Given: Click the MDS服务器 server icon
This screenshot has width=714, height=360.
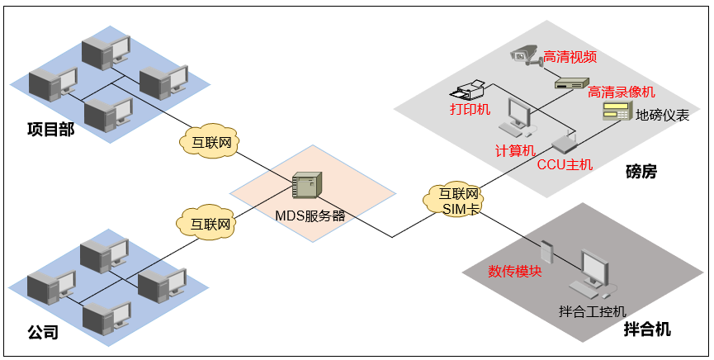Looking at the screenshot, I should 305,185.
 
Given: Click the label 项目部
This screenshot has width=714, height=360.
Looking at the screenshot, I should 50,129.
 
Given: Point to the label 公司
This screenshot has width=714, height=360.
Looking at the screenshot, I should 44,333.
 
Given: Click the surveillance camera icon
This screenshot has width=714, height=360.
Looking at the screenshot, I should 525,54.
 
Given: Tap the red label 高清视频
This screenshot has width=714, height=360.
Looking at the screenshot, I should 570,57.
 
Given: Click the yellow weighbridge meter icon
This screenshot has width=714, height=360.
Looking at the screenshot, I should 617,113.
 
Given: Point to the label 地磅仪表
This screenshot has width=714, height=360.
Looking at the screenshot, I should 662,116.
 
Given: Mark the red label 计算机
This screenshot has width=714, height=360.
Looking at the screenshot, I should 515,151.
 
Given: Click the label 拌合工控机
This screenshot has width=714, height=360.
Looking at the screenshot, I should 593,311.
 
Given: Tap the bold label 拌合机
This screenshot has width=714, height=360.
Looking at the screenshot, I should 647,329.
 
